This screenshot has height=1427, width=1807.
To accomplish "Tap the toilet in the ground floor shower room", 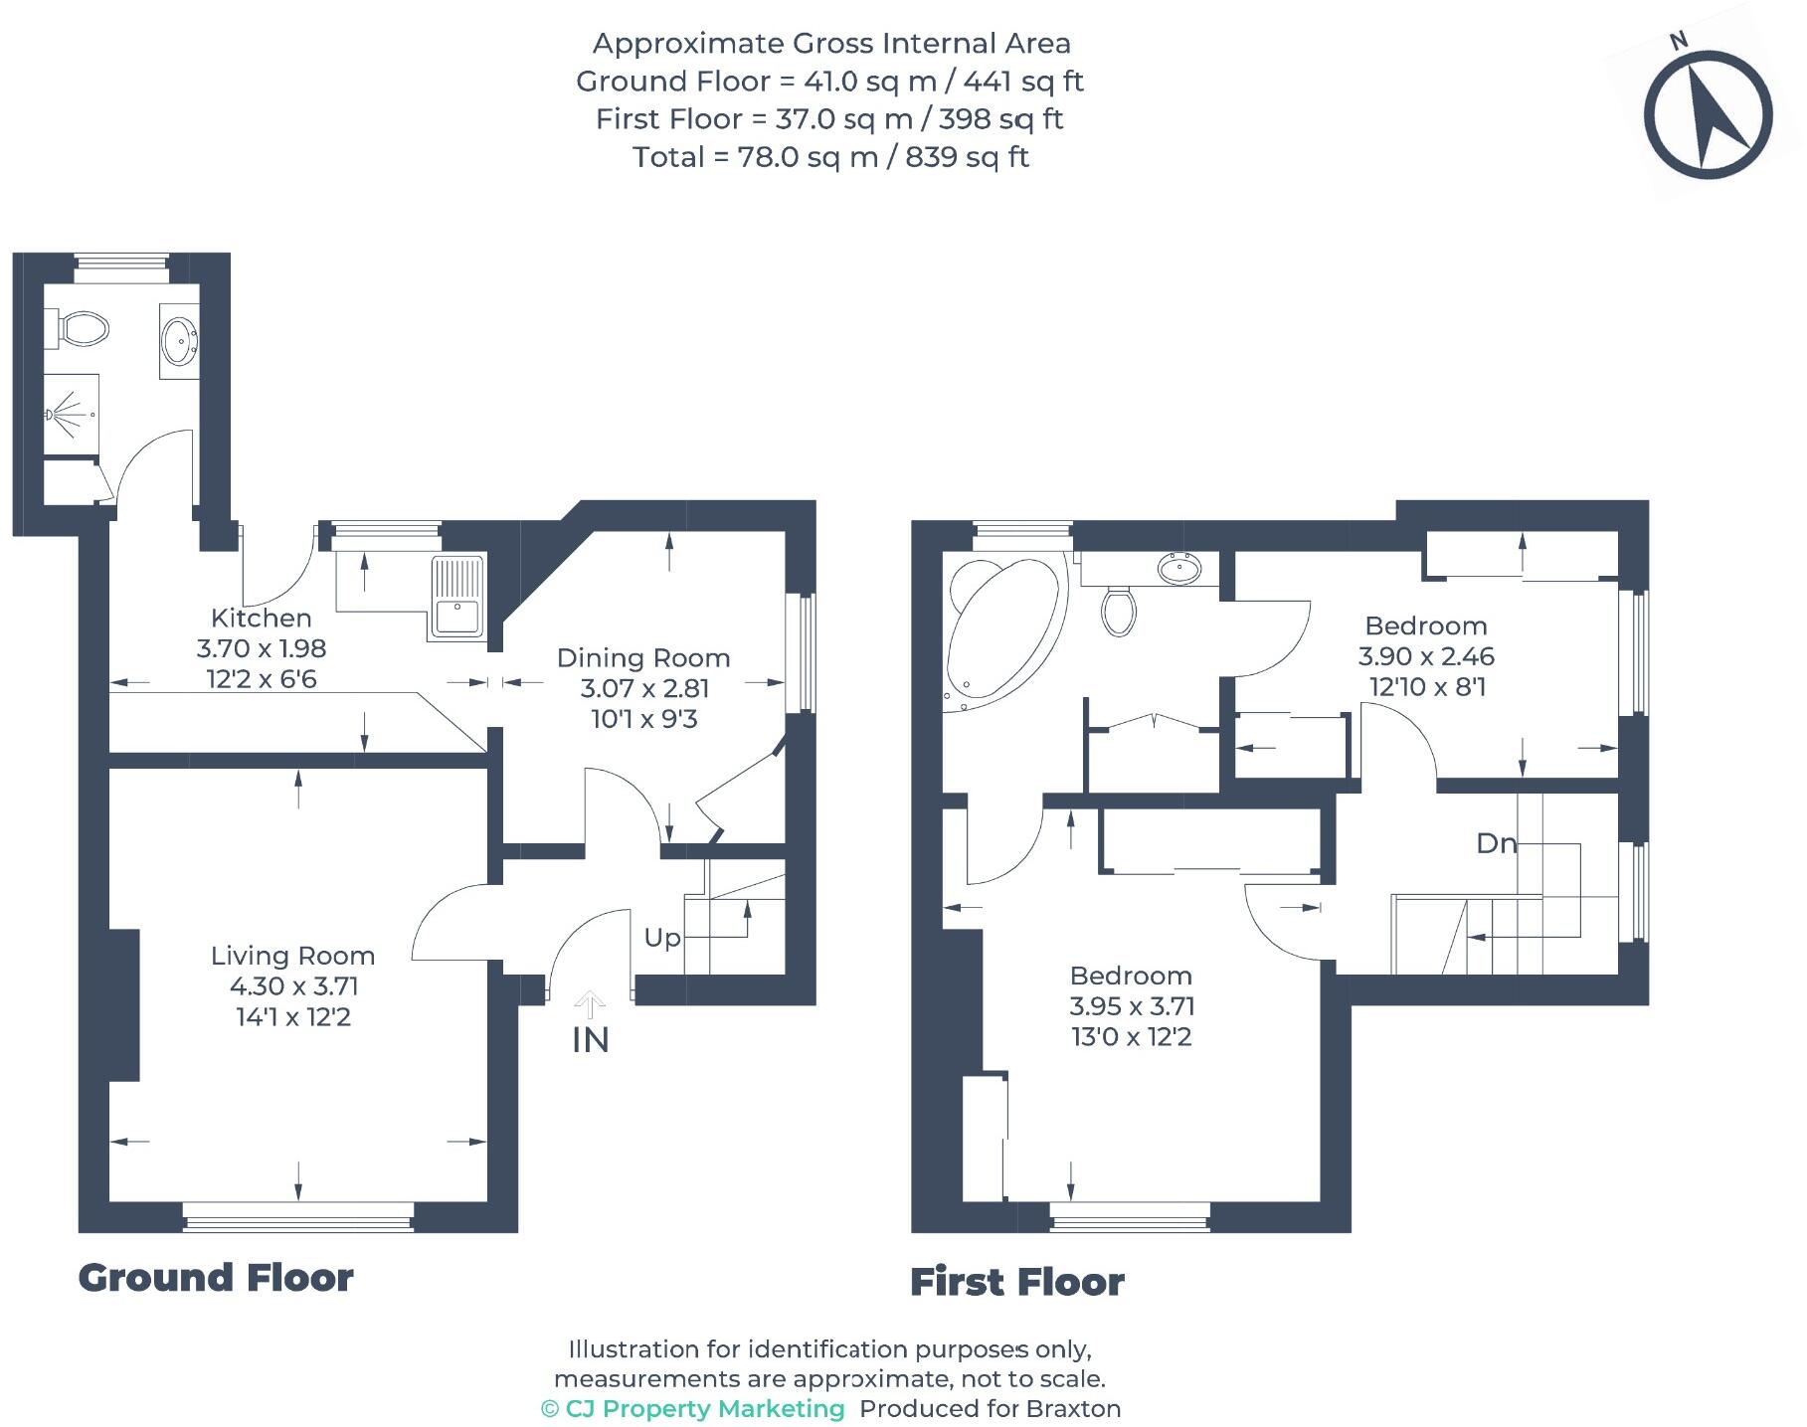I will point(84,328).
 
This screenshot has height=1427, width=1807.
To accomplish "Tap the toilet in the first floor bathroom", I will point(1119,610).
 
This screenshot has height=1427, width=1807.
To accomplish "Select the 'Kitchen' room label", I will point(261,618).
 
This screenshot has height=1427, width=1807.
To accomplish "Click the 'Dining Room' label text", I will point(643,657).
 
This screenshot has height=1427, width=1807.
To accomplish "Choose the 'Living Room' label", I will point(292,956).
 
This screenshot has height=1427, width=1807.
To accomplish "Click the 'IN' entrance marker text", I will point(590,1040).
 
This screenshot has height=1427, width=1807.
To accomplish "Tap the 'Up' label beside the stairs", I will point(662,938).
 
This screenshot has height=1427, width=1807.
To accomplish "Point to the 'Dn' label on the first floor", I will point(1496,844).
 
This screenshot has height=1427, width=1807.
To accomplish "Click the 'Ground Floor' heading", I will point(216,1278).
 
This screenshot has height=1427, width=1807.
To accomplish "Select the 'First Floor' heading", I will point(1016,1282).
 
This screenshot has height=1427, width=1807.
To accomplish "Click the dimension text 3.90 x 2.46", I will point(1426,656).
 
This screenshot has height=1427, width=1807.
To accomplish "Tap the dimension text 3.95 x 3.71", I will point(1132,1006).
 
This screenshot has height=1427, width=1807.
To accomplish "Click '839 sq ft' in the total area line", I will point(967,157).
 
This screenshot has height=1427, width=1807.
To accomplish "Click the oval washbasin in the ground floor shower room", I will point(180,341).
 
